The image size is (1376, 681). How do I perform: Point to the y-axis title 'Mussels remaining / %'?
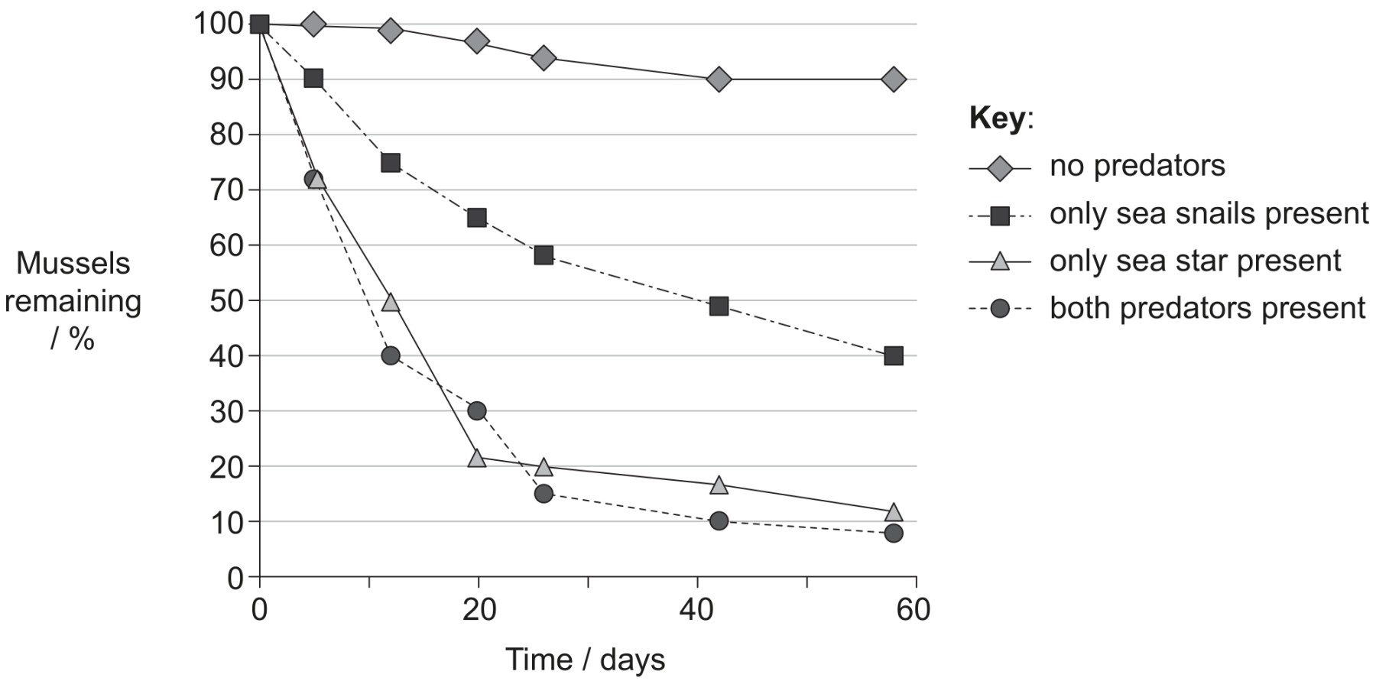tap(73, 301)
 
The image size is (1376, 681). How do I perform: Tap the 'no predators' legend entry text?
tap(1137, 166)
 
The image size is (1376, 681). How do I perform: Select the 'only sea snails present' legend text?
tap(1209, 214)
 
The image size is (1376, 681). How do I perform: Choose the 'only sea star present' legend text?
tap(1196, 261)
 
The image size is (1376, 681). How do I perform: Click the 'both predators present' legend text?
tap(1208, 309)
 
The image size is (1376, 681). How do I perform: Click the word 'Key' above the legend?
tap(997, 118)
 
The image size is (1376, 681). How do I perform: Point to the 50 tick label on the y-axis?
tap(226, 300)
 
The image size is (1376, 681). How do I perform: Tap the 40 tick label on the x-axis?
tap(697, 610)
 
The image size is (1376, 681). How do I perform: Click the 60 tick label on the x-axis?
tap(914, 610)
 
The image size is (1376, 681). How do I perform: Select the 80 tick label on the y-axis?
tap(226, 135)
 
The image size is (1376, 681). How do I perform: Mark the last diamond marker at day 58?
tap(894, 79)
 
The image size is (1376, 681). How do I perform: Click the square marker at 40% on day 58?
tap(894, 356)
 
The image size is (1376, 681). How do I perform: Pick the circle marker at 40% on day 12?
tap(391, 355)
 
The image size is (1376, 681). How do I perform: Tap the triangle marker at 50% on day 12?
tap(391, 302)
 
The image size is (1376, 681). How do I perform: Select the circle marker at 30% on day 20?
tap(477, 411)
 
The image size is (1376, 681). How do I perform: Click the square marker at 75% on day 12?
tap(391, 163)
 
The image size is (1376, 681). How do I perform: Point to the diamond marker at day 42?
tap(719, 79)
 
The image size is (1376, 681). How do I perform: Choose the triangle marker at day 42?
tap(719, 485)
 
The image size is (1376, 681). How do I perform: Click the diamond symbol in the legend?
tap(1000, 167)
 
